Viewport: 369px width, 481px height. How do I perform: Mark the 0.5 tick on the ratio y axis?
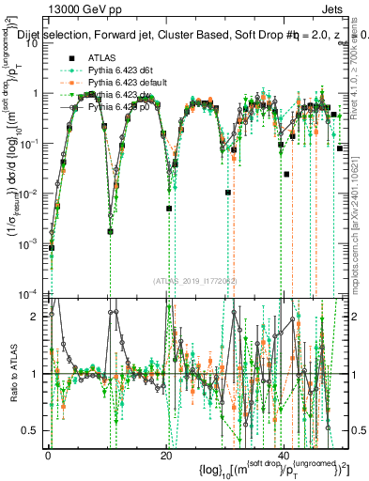pos(31,430)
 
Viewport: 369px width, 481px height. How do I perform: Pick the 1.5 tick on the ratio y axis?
pos(31,343)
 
